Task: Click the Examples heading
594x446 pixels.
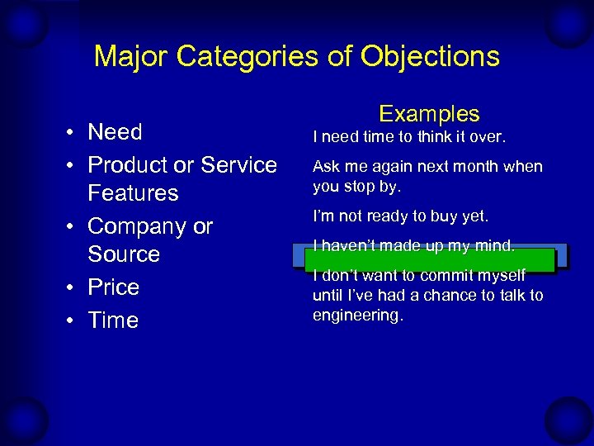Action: [429, 114]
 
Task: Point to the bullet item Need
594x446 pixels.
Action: [115, 132]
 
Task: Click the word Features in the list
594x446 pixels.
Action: [133, 193]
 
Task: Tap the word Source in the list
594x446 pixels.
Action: [124, 254]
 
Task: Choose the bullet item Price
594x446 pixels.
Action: [113, 287]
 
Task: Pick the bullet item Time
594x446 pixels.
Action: [113, 320]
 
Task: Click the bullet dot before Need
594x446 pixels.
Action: [73, 133]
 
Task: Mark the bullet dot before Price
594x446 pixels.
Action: [73, 288]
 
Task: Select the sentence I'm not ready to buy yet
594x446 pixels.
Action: [401, 216]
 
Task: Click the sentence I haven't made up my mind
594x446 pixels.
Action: [413, 245]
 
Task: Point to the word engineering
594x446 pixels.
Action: [357, 315]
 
